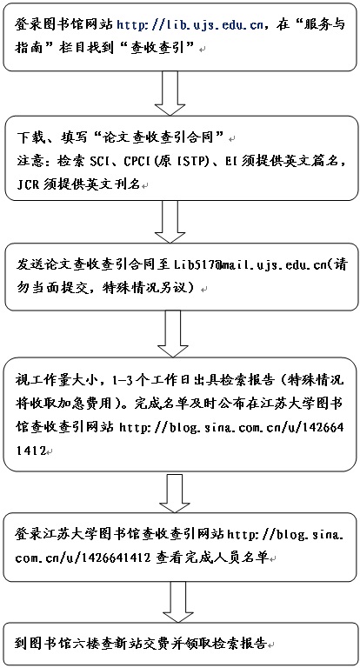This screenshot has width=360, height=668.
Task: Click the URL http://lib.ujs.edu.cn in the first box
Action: (x=190, y=25)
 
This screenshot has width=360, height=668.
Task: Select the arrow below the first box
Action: (x=170, y=93)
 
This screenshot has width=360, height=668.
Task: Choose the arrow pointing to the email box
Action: (x=170, y=222)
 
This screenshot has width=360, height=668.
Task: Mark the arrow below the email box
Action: (x=172, y=333)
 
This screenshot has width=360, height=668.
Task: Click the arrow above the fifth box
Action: (x=174, y=493)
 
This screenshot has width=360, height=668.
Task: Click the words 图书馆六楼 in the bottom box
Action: (x=64, y=643)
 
